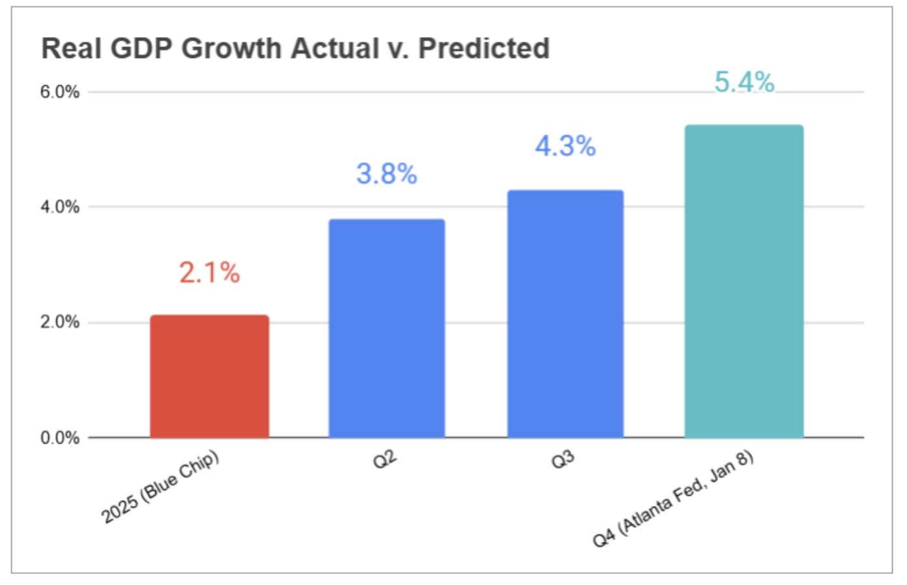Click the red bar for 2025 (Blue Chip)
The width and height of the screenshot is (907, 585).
click(209, 377)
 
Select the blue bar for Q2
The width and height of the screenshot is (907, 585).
click(386, 328)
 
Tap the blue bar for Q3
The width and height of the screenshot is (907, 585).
click(565, 314)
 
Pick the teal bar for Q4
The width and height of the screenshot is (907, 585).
click(743, 281)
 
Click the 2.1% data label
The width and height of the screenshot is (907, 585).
click(209, 272)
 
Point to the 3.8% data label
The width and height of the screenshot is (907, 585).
click(386, 174)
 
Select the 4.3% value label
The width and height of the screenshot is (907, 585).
click(565, 146)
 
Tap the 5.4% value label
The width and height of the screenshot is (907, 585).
click(743, 82)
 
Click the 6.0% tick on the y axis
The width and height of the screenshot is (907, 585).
click(59, 92)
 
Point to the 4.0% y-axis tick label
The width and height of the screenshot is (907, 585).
click(59, 207)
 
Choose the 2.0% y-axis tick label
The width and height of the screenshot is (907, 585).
click(59, 322)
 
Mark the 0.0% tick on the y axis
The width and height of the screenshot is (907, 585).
click(59, 438)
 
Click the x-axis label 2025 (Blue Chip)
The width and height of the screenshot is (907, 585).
click(160, 487)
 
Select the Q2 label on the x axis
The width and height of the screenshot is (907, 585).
click(384, 460)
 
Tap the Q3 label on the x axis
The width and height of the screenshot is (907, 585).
click(563, 460)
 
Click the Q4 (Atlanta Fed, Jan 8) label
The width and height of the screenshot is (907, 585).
click(673, 498)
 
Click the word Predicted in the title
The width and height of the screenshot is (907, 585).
click(483, 48)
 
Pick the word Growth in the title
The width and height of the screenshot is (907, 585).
click(231, 48)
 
